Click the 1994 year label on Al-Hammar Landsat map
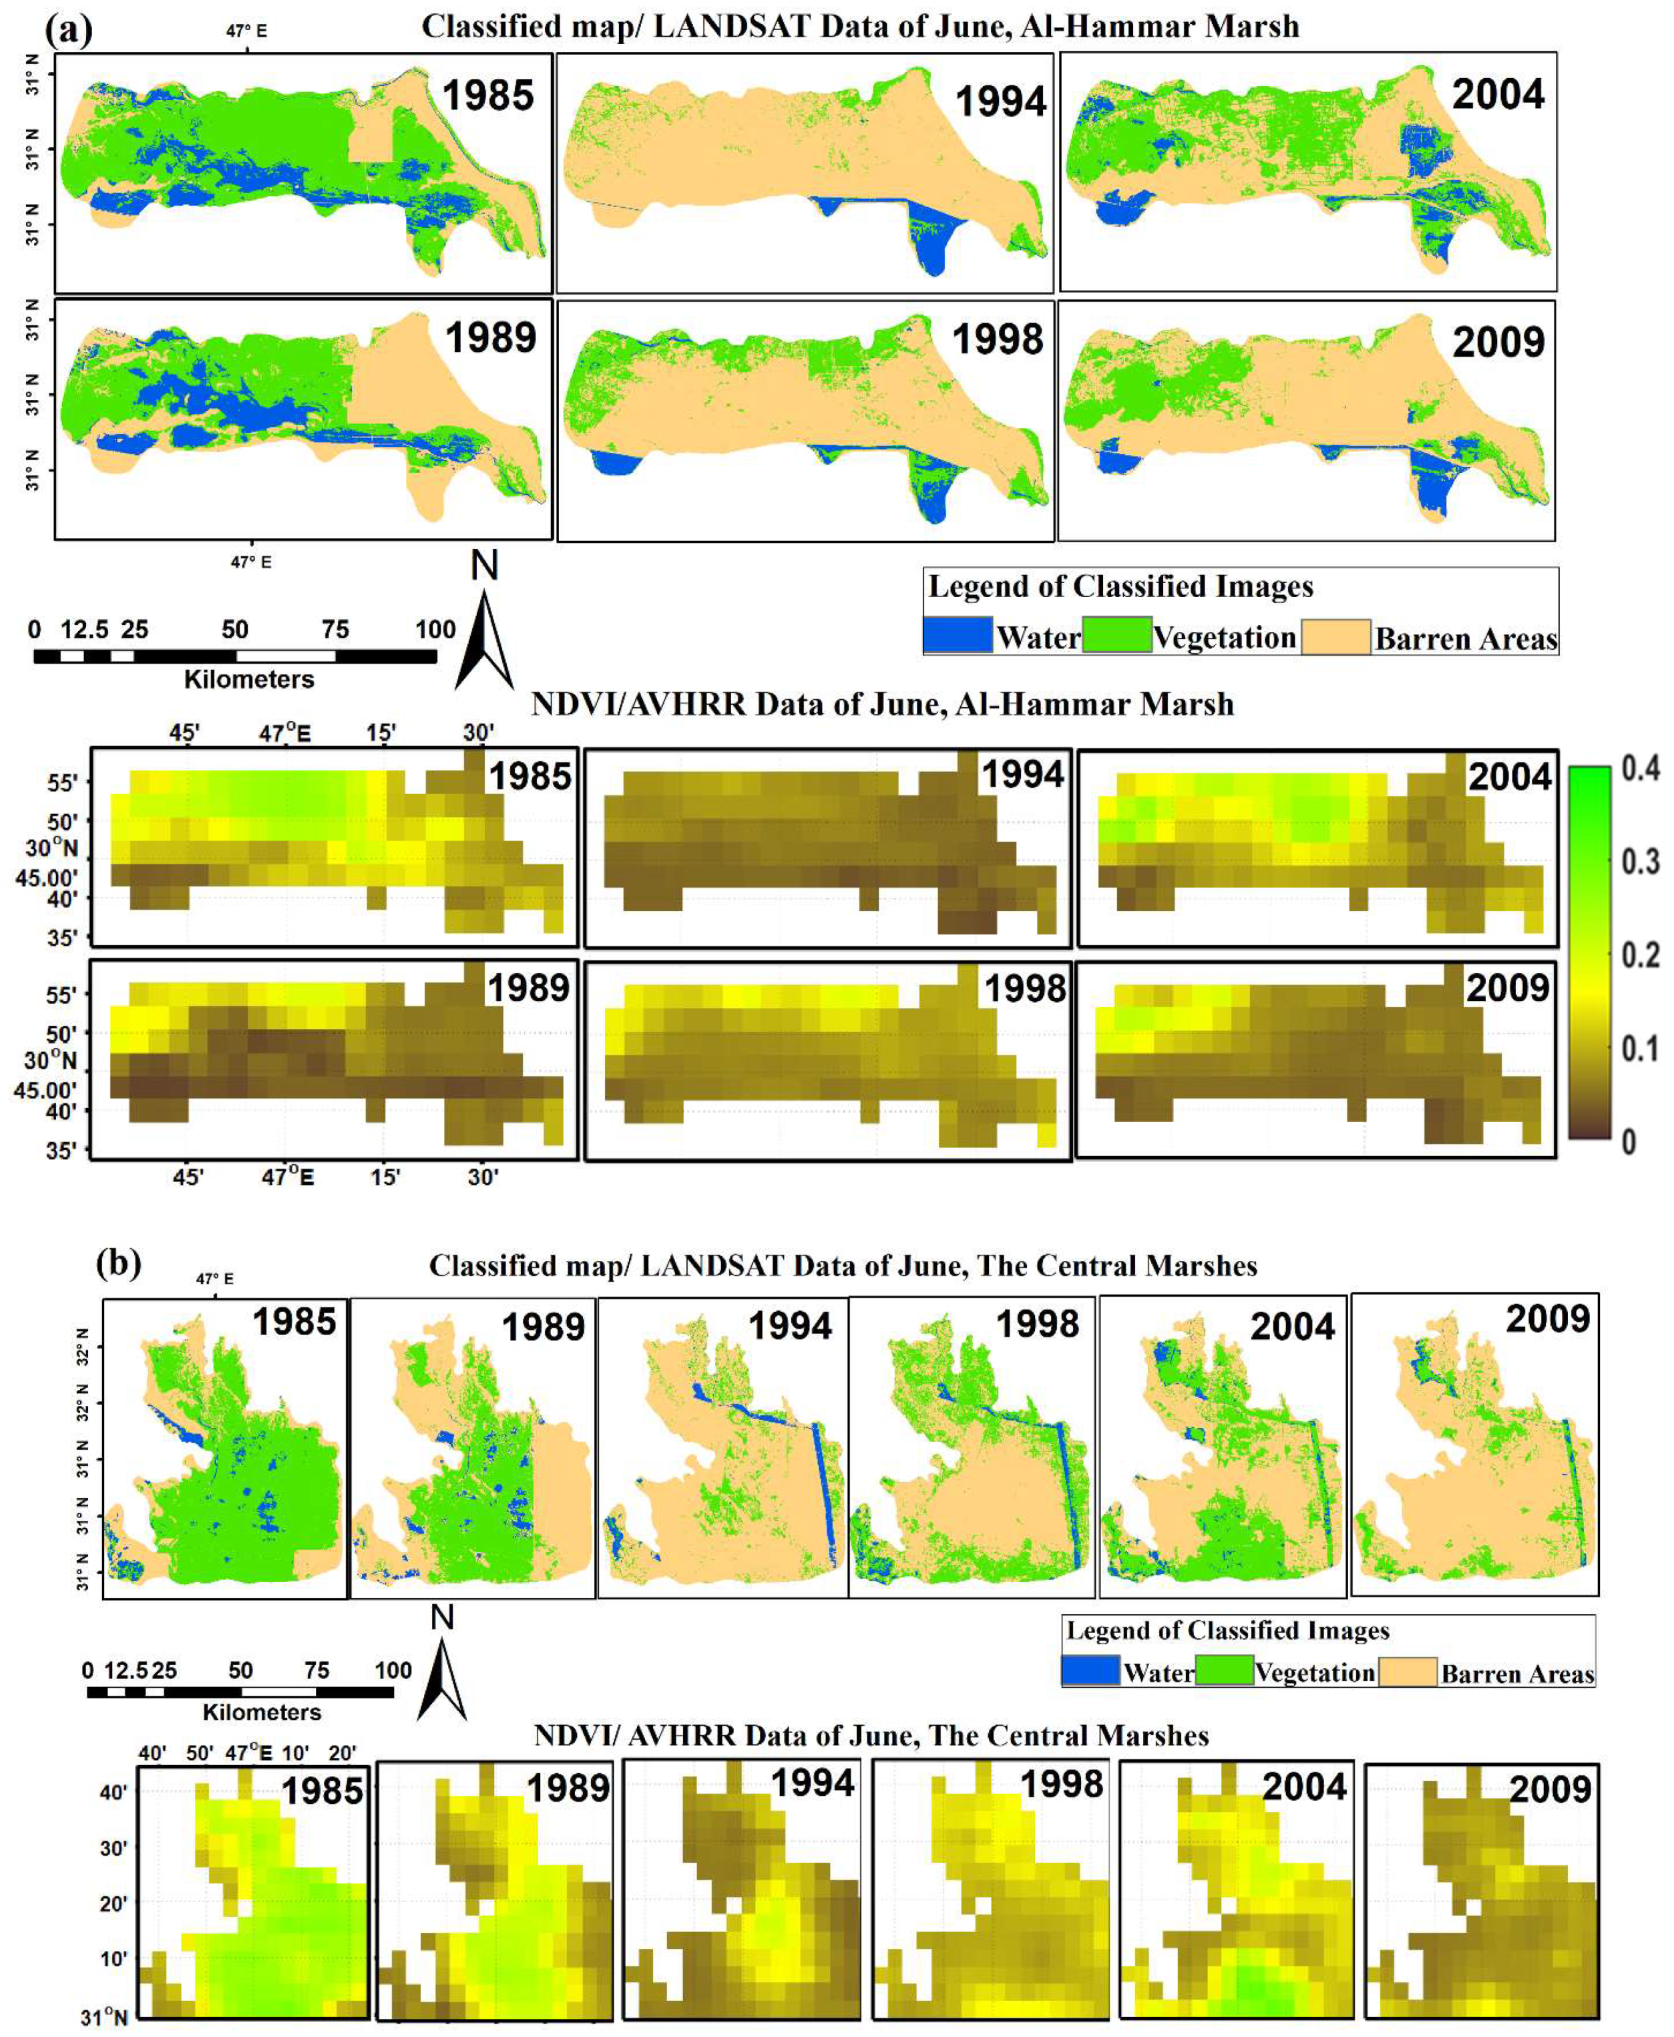[1000, 102]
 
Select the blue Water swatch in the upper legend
[958, 634]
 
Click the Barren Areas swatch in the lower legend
[1407, 1672]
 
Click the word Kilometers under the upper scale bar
[249, 680]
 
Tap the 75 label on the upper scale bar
[335, 630]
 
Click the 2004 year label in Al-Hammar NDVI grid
[1509, 777]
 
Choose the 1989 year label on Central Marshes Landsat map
[543, 1328]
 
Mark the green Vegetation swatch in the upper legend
[1116, 634]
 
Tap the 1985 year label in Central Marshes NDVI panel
[322, 1791]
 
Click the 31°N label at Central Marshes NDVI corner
[104, 2017]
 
